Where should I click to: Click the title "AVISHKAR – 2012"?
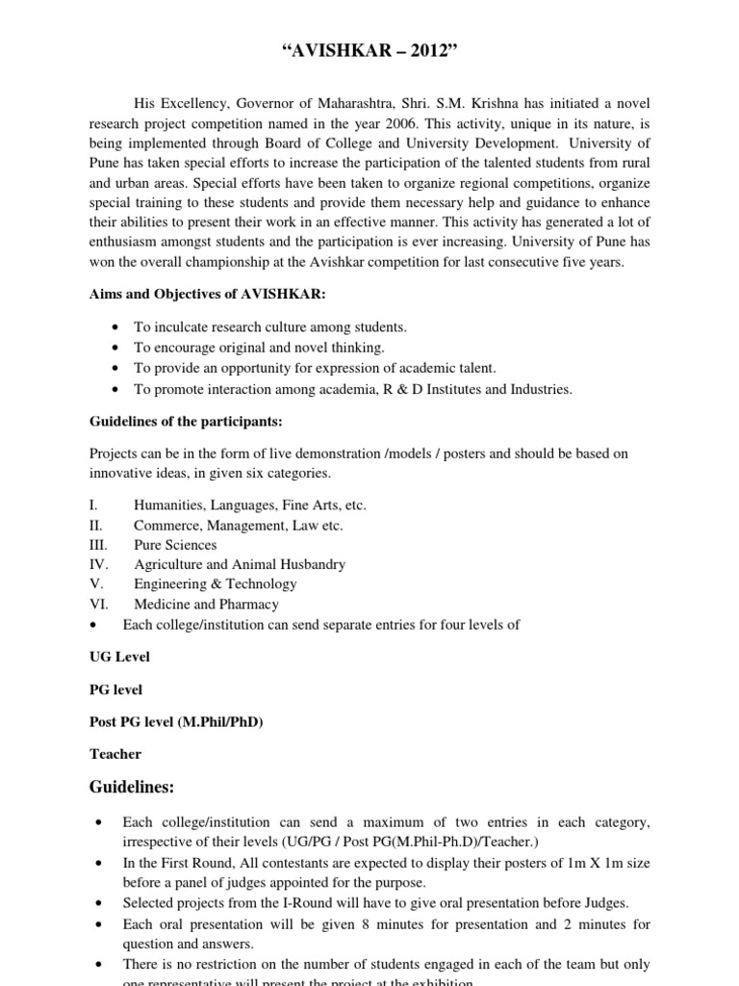(369, 24)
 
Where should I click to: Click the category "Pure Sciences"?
(175, 545)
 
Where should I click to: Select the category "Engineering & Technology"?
(216, 584)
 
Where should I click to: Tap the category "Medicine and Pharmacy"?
(206, 605)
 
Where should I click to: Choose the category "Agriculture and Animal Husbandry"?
(240, 564)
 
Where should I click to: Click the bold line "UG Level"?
(119, 657)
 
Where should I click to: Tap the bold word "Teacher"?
(115, 754)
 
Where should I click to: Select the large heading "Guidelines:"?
(132, 789)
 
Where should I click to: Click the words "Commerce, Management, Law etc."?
(238, 525)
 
